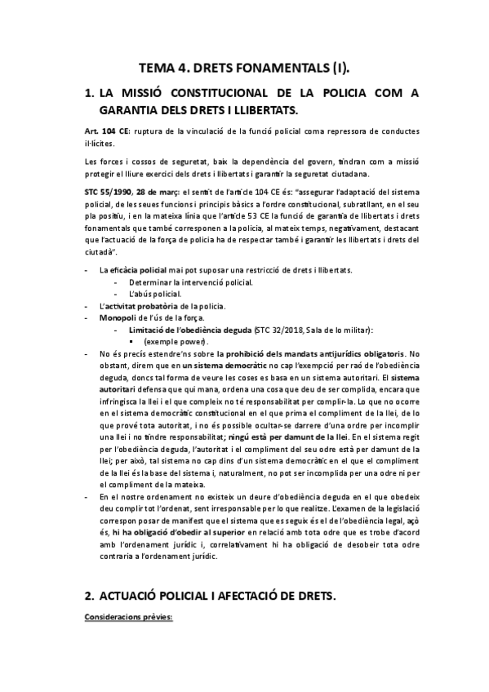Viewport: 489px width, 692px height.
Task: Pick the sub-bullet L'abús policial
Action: pyautogui.click(x=155, y=293)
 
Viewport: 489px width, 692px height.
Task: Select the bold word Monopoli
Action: pyautogui.click(x=117, y=317)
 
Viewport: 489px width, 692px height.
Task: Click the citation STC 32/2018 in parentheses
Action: pyautogui.click(x=279, y=329)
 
